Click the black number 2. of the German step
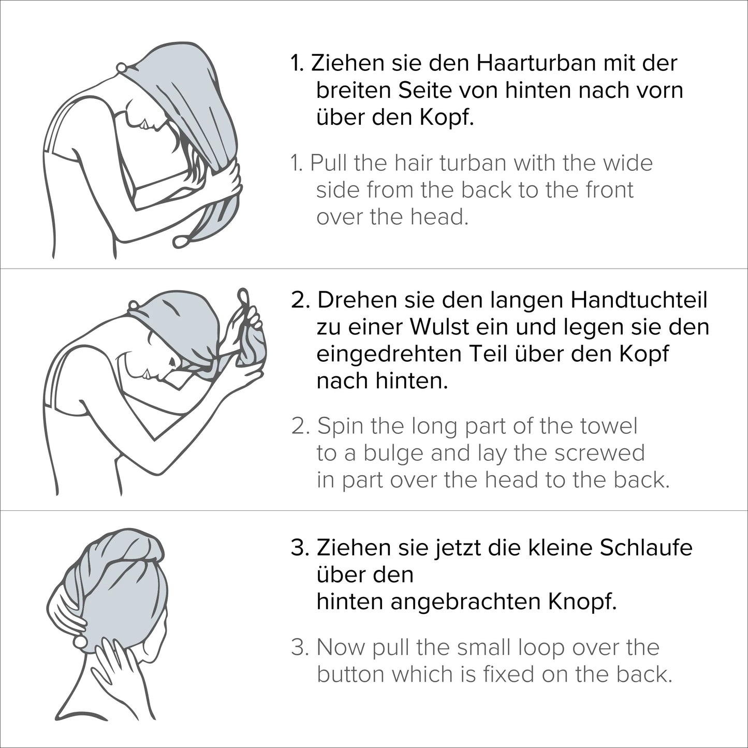300,301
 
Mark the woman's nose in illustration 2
148,374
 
